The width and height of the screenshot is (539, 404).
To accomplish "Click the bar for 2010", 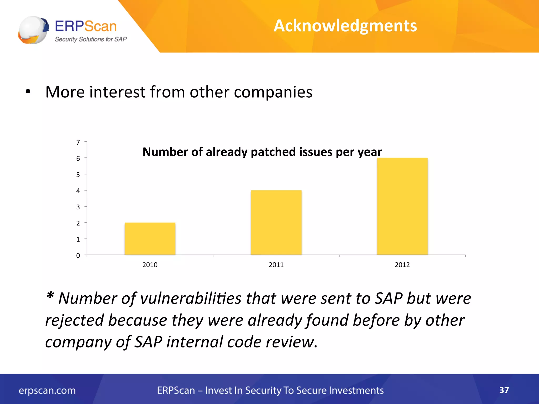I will [x=150, y=239].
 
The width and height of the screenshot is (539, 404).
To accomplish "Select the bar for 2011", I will [x=276, y=223].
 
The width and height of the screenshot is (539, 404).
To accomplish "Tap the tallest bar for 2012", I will [x=402, y=206].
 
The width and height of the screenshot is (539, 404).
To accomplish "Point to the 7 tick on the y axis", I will [x=78, y=142].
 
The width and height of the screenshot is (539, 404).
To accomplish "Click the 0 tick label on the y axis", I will [x=78, y=255].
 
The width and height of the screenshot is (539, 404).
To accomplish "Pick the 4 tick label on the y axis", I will [x=78, y=191].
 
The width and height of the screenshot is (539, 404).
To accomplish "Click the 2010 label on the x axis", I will [x=150, y=265].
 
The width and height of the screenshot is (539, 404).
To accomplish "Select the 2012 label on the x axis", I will [x=402, y=265].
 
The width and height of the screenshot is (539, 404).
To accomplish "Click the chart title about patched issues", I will [x=262, y=152].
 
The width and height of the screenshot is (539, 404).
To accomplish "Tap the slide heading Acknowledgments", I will [x=345, y=26].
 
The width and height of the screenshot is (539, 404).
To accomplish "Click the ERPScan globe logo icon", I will [x=33, y=30].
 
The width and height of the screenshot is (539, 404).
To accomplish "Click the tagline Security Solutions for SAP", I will [x=91, y=39].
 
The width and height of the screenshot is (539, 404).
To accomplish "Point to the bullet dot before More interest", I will [x=28, y=92].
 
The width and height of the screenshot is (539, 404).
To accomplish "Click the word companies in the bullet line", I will [x=273, y=92].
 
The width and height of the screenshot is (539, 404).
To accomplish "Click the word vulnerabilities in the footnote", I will [x=191, y=299].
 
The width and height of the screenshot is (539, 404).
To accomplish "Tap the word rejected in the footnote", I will [x=74, y=320].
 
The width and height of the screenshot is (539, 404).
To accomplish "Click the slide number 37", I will [x=504, y=390].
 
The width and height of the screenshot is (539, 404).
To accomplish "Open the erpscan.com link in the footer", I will [x=47, y=390].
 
